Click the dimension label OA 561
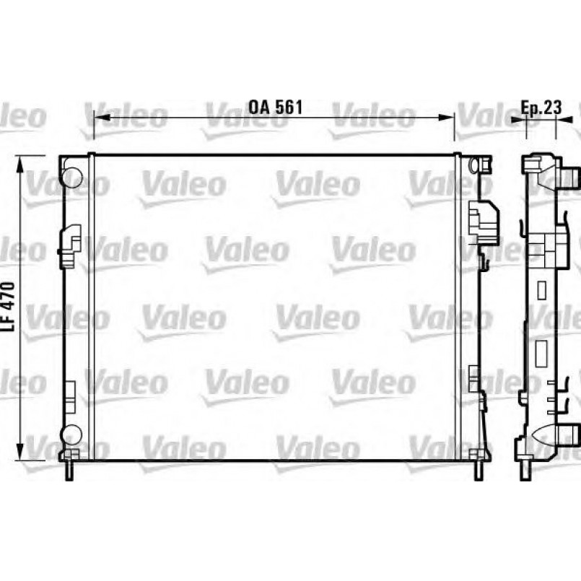pyautogui.click(x=275, y=107)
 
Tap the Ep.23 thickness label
pyautogui.click(x=541, y=107)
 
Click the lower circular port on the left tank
pyautogui.click(x=72, y=434)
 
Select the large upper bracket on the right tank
pyautogui.click(x=483, y=220)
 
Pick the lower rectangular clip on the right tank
pyautogui.click(x=473, y=378)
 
